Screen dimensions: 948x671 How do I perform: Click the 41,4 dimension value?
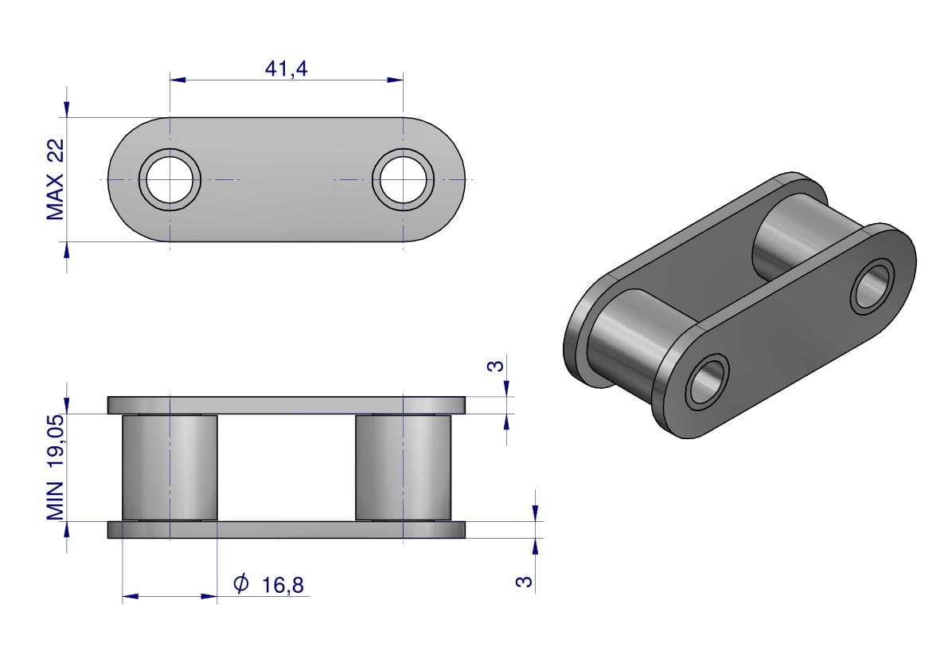pyautogui.click(x=286, y=69)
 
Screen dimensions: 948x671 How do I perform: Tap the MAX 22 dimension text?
pyautogui.click(x=55, y=179)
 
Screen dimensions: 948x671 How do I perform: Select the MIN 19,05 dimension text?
pyautogui.click(x=56, y=467)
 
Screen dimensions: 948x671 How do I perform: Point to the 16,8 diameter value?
pyautogui.click(x=283, y=585)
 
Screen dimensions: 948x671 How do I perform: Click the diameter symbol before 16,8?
pyautogui.click(x=240, y=583)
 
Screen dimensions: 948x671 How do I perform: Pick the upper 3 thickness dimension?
pyautogui.click(x=495, y=366)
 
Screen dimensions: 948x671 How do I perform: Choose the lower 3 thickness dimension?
pyautogui.click(x=525, y=581)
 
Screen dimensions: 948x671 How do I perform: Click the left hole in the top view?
pyautogui.click(x=170, y=179)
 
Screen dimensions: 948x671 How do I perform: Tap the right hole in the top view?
pyautogui.click(x=403, y=179)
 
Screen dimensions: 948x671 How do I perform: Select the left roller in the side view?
pyautogui.click(x=170, y=467)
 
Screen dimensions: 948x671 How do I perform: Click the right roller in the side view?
pyautogui.click(x=403, y=467)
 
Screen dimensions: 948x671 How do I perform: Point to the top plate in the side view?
pyautogui.click(x=287, y=406)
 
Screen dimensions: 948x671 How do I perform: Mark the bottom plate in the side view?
pyautogui.click(x=287, y=529)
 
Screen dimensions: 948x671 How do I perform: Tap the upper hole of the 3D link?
pyautogui.click(x=872, y=286)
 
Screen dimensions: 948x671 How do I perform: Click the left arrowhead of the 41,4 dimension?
pyautogui.click(x=178, y=80)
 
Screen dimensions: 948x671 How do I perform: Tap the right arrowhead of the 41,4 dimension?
pyautogui.click(x=396, y=80)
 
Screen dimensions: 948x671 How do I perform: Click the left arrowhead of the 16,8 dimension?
pyautogui.click(x=130, y=597)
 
